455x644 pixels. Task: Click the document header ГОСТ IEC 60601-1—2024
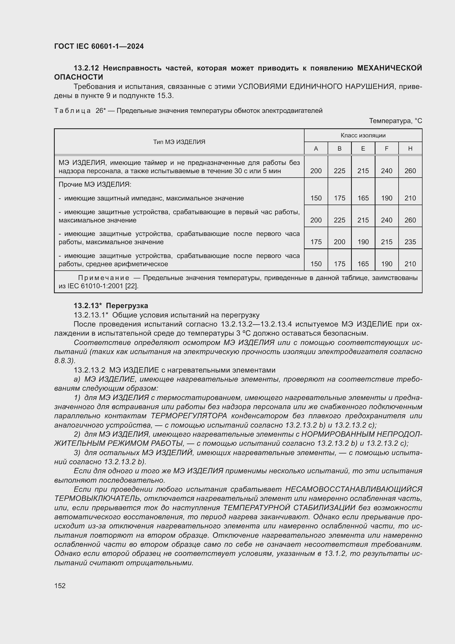click(x=99, y=46)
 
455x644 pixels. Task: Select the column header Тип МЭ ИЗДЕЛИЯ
click(x=179, y=142)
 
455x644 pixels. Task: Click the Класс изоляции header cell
click(x=363, y=135)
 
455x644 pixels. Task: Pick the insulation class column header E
click(x=363, y=149)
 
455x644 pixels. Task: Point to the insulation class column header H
click(x=410, y=149)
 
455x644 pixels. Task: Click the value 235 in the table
click(x=410, y=242)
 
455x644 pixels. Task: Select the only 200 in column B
click(x=339, y=242)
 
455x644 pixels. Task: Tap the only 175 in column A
click(x=316, y=242)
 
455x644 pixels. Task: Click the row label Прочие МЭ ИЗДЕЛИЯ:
click(x=95, y=184)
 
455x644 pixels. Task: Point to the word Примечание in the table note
click(x=104, y=278)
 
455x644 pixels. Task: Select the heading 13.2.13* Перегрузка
click(x=111, y=306)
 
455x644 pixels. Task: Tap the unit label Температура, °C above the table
click(x=395, y=121)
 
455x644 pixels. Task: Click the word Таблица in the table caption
click(x=72, y=111)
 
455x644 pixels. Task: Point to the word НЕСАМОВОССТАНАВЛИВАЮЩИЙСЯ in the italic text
click(x=353, y=490)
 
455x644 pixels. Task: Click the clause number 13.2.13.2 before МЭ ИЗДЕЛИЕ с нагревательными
click(x=89, y=370)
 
